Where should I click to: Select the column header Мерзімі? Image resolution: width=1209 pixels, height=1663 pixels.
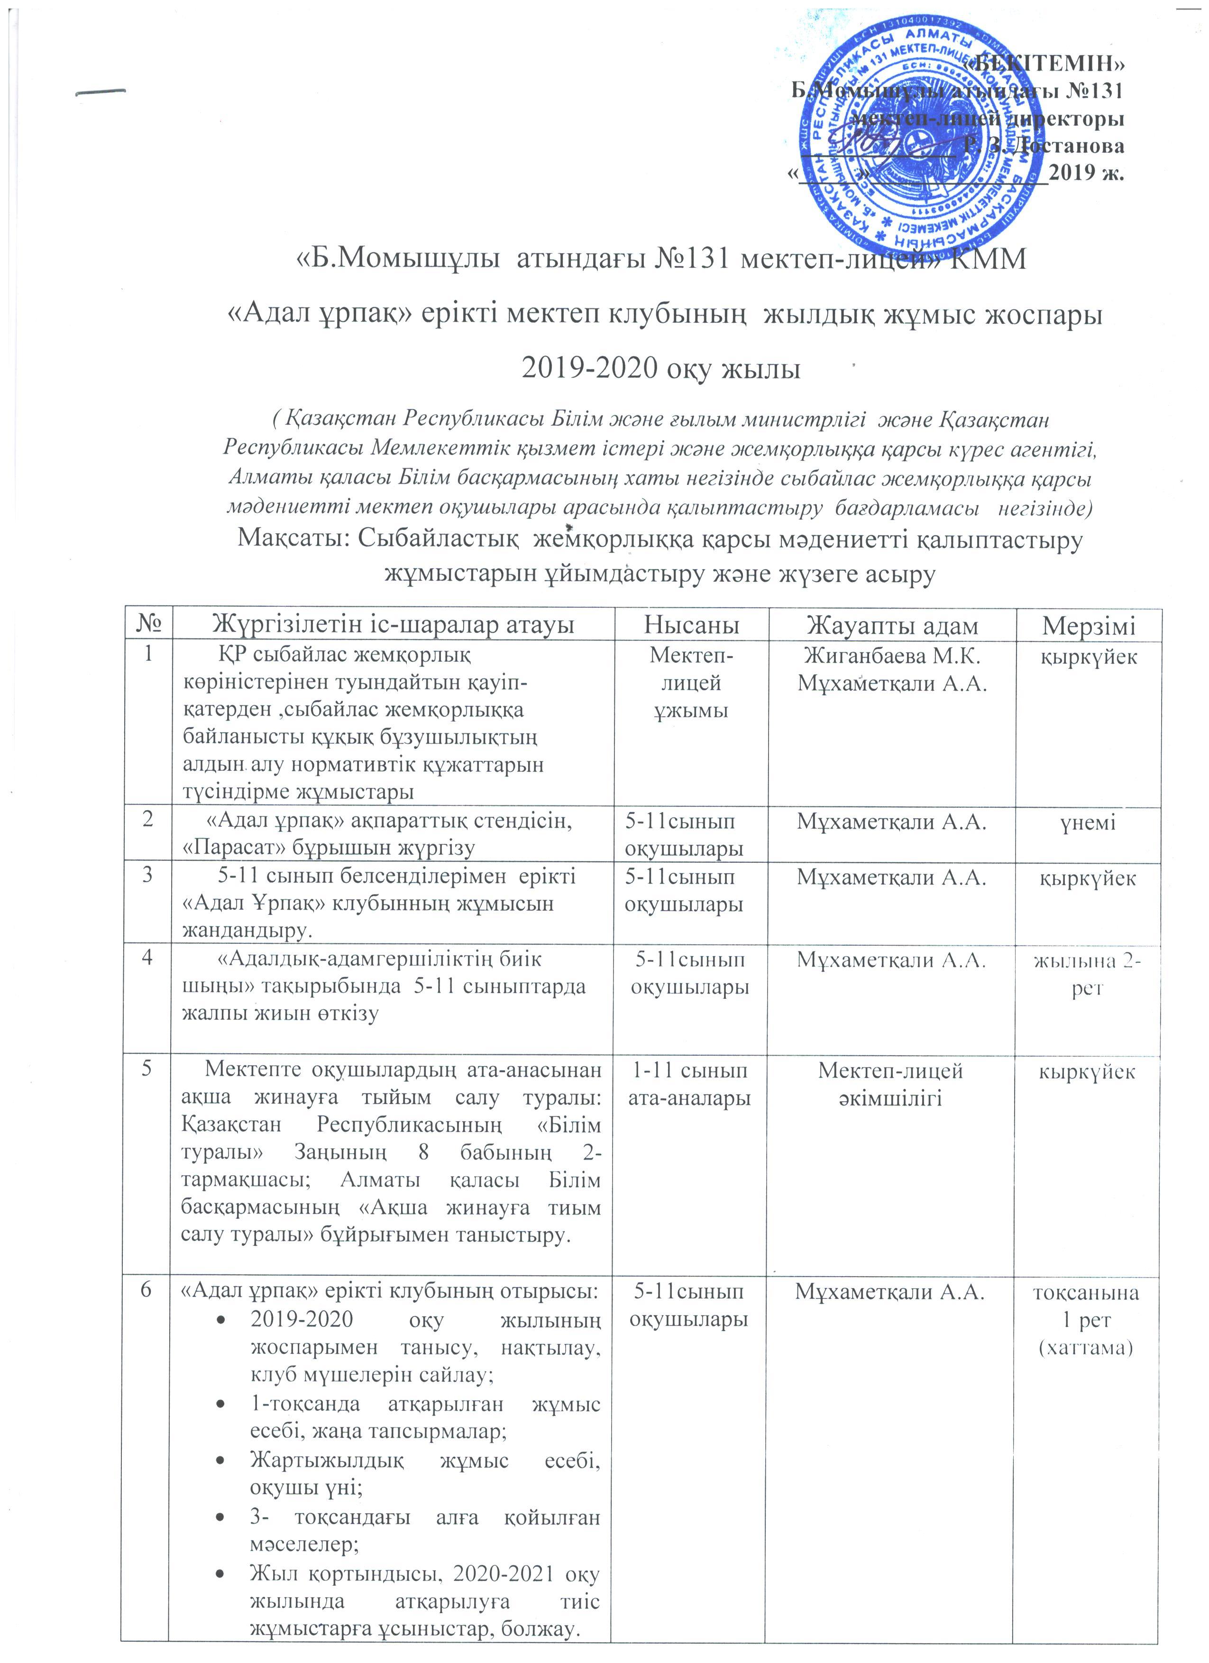(x=1089, y=625)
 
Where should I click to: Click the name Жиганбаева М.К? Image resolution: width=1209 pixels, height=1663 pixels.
(x=891, y=655)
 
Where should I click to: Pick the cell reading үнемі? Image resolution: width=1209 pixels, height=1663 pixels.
(x=1088, y=822)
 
